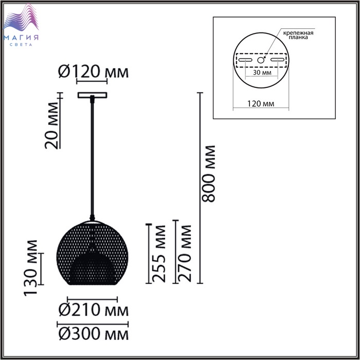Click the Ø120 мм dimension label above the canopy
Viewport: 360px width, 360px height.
[x=94, y=71]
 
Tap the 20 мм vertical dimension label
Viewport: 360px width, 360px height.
[x=51, y=125]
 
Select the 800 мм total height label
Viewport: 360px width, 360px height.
[x=208, y=174]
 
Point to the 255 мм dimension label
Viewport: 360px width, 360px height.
[x=158, y=254]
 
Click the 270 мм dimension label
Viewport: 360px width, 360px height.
[x=184, y=254]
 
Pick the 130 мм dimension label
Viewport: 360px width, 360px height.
[x=30, y=268]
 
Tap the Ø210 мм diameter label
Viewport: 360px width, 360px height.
[x=93, y=310]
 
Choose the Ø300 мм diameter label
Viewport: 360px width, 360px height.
[x=93, y=334]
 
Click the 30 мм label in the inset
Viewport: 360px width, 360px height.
[x=262, y=73]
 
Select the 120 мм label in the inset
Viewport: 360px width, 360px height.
[x=261, y=104]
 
